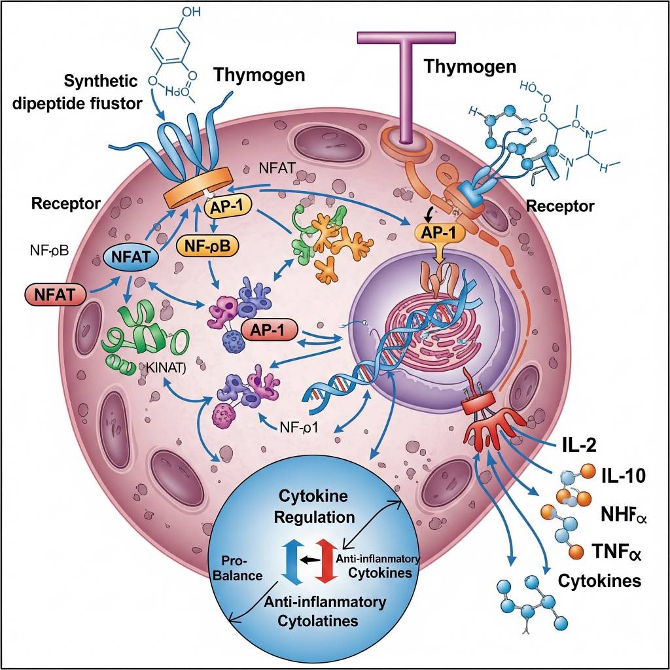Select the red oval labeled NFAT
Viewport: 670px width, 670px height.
(55, 294)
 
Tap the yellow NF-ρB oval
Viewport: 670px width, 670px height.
(207, 246)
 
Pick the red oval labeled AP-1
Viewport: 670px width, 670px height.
(270, 330)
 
